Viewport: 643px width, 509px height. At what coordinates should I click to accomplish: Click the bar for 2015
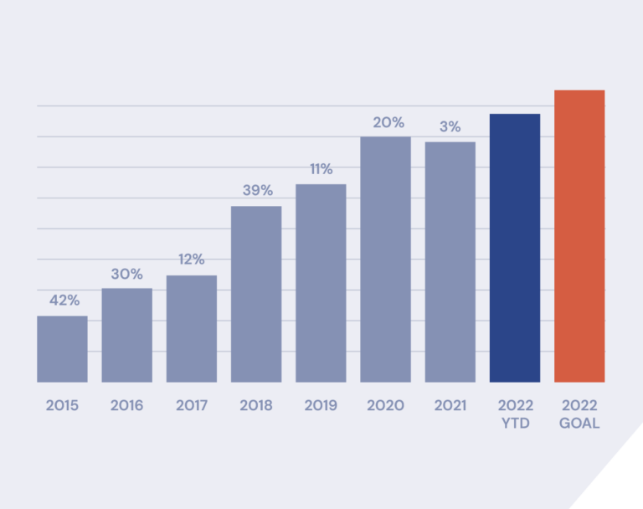point(62,349)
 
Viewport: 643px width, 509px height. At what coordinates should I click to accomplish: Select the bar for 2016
point(126,335)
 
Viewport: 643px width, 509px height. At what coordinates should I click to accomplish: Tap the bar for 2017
point(192,329)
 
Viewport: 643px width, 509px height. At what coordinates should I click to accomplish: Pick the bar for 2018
point(256,294)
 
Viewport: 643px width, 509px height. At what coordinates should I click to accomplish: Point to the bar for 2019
point(321,283)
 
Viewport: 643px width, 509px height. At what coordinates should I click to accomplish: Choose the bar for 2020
point(385,260)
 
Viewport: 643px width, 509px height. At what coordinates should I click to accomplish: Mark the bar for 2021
point(450,262)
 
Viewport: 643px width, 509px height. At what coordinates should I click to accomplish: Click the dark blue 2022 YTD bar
point(515,248)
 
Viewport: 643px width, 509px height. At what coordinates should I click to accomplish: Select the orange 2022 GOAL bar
point(579,236)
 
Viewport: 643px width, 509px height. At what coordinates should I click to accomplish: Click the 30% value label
point(127,274)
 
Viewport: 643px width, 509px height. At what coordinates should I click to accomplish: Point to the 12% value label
point(192,260)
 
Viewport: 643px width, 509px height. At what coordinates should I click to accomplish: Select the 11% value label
point(321,169)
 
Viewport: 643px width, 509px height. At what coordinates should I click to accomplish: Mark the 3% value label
point(450,127)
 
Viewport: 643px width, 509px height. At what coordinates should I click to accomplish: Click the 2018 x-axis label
point(256,406)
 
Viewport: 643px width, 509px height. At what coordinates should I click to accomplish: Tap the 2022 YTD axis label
point(515,414)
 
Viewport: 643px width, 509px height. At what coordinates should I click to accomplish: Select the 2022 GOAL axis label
point(579,414)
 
